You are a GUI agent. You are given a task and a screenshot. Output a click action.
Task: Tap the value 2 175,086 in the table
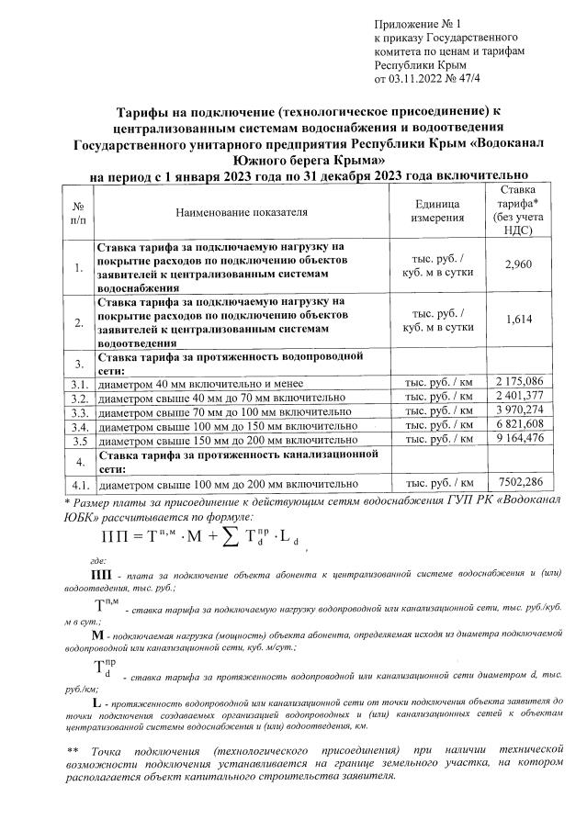click(520, 381)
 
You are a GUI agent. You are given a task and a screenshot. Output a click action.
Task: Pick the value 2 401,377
click(520, 396)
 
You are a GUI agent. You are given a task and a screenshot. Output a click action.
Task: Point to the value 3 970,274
click(520, 410)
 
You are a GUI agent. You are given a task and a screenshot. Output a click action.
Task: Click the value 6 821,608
click(520, 425)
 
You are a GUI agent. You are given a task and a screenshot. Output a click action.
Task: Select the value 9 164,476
click(520, 440)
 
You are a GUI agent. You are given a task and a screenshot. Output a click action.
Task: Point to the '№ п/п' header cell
click(78, 212)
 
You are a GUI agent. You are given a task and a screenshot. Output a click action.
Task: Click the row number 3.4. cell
click(79, 426)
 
